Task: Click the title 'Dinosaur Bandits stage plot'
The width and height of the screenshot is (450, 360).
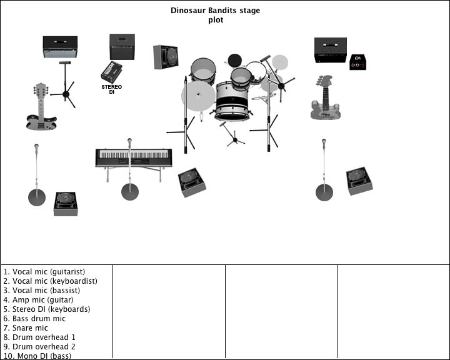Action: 216,15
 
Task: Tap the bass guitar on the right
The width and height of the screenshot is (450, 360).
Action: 325,99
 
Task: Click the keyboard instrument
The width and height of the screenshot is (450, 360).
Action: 134,157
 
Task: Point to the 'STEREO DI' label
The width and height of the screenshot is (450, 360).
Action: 112,89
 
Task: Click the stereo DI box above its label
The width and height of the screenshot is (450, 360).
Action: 112,72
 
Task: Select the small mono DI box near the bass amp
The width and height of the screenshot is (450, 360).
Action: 358,61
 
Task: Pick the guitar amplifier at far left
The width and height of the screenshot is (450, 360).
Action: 60,46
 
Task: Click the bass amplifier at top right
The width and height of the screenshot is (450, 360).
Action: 330,50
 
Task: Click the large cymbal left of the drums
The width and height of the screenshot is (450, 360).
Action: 198,96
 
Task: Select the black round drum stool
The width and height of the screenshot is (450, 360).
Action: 234,60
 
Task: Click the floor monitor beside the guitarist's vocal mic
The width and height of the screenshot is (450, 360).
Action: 66,204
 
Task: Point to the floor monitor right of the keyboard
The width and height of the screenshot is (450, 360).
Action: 192,182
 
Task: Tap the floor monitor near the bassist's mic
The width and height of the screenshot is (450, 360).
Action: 359,180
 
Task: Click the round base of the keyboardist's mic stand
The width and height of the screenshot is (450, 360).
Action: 130,192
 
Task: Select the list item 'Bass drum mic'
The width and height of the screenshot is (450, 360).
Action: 34,319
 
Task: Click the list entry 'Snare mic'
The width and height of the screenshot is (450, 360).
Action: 26,328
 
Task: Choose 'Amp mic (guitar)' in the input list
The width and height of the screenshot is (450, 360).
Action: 39,300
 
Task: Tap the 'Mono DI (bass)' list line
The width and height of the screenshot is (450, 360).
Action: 37,356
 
